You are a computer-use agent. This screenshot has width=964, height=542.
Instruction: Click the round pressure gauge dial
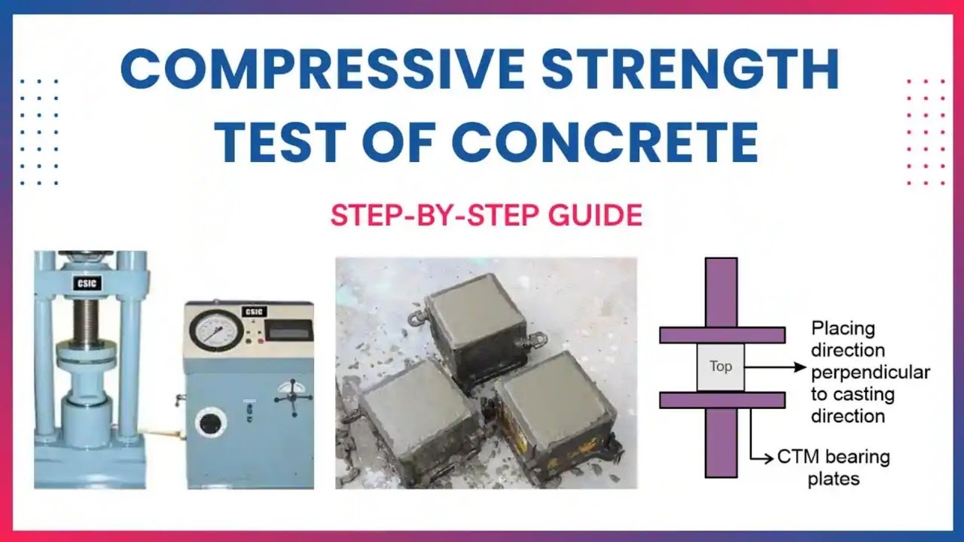point(216,331)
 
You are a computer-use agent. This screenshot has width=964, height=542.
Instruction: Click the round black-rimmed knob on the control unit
point(211,422)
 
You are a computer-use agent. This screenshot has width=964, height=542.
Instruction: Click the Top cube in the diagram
point(720,367)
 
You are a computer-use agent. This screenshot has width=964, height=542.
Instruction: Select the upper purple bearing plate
point(722,334)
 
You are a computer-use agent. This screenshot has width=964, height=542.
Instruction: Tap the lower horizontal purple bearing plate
point(722,400)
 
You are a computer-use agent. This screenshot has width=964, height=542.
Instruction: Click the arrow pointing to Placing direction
point(776,367)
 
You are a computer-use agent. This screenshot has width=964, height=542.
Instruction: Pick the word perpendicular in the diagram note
point(870,372)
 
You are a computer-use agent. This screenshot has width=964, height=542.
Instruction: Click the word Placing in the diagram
point(843,328)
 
